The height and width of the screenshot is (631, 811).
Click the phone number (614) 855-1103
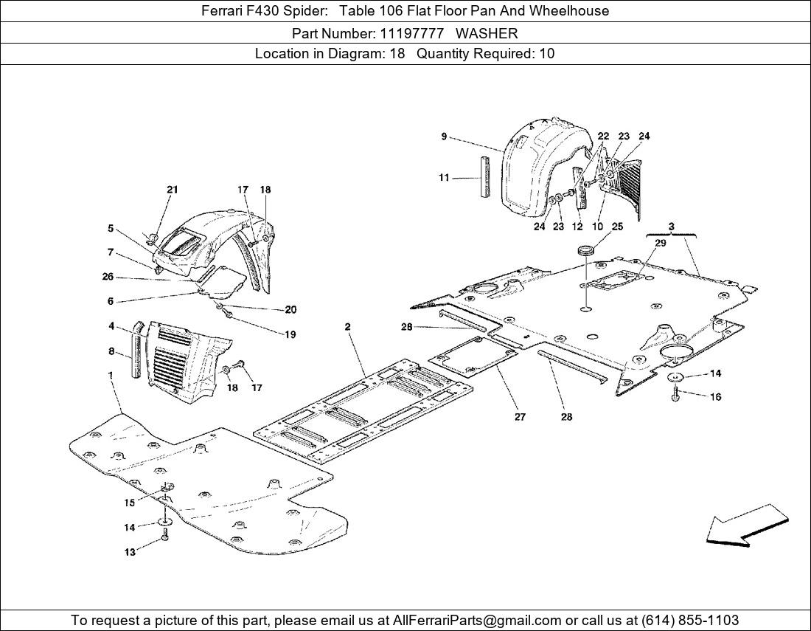[x=691, y=620]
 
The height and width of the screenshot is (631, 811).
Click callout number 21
[x=172, y=190]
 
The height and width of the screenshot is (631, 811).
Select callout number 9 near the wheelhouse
[x=444, y=136]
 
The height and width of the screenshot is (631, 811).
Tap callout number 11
[x=443, y=178]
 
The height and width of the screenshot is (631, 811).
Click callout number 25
[x=617, y=227]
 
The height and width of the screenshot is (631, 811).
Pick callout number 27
[x=520, y=417]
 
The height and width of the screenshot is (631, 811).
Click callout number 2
[x=347, y=326]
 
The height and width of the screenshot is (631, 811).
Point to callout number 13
[x=130, y=552]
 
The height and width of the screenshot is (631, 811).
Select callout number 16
[x=716, y=397]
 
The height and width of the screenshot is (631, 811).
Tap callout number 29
[x=660, y=243]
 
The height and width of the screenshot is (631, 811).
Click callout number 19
[x=290, y=334]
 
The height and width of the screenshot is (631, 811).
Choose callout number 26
[x=108, y=277]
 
